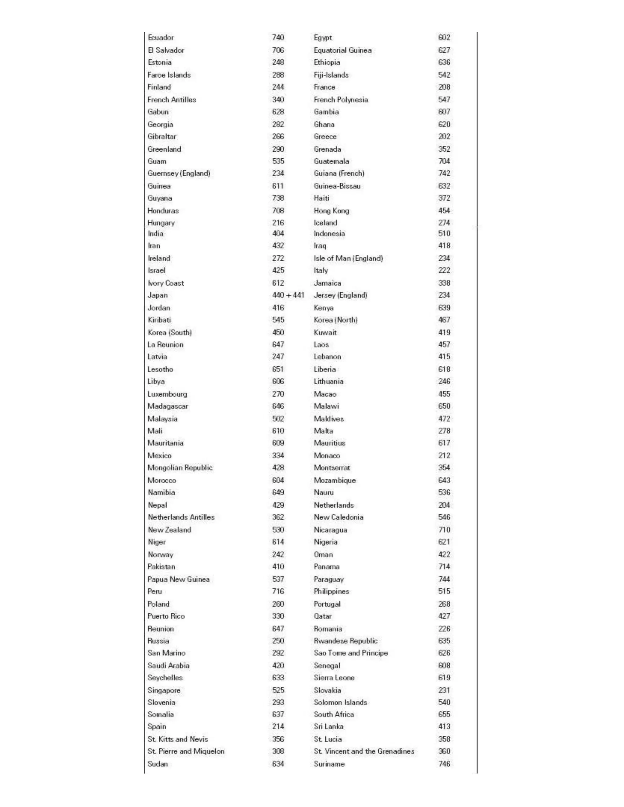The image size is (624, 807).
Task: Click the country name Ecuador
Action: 161,38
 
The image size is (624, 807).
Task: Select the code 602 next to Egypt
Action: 444,38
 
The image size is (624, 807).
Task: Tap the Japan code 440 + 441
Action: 288,295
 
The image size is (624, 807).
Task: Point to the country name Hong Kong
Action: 331,211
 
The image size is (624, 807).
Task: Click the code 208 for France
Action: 444,87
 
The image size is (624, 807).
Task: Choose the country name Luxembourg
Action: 167,394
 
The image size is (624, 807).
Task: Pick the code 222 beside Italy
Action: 444,270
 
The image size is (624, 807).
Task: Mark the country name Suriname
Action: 329,764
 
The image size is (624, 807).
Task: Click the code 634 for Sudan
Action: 278,764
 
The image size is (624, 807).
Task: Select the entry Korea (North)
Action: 336,320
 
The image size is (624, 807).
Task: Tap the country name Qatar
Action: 323,616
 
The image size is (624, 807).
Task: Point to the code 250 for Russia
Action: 278,641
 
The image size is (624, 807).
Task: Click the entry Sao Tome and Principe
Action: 351,653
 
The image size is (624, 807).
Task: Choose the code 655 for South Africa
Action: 444,714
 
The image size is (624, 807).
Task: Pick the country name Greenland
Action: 164,149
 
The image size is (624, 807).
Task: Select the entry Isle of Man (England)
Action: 348,258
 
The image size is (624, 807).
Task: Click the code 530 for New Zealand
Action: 278,530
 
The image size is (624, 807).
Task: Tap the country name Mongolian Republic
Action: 180,468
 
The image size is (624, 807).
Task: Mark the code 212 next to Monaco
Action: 444,456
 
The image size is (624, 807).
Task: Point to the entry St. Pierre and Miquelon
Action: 186,751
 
